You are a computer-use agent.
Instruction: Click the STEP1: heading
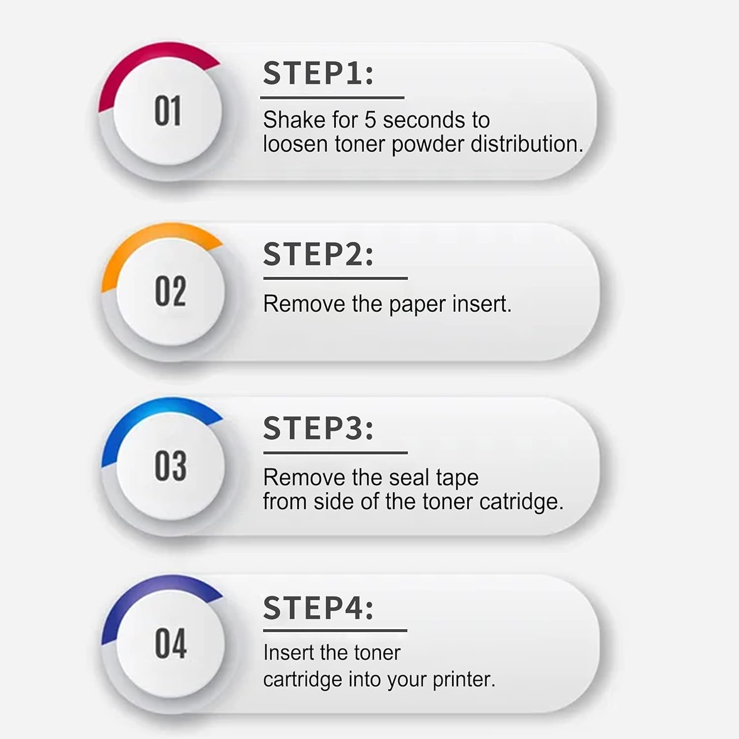(x=318, y=73)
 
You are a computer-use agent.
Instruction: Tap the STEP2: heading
(x=318, y=254)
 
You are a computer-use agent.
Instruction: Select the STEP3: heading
(x=318, y=428)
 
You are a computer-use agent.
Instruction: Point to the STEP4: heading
(x=318, y=607)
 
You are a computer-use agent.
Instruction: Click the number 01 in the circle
(x=168, y=111)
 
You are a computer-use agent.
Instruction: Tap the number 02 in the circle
(x=170, y=291)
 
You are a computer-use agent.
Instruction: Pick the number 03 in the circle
(x=170, y=466)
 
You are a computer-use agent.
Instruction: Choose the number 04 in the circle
(x=170, y=643)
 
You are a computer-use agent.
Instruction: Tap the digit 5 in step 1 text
(x=370, y=120)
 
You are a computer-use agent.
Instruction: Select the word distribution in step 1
(x=527, y=144)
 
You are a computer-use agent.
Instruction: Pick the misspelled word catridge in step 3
(x=521, y=502)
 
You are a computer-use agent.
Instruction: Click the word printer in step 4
(x=464, y=680)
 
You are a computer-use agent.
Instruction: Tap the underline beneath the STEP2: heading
(x=336, y=278)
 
